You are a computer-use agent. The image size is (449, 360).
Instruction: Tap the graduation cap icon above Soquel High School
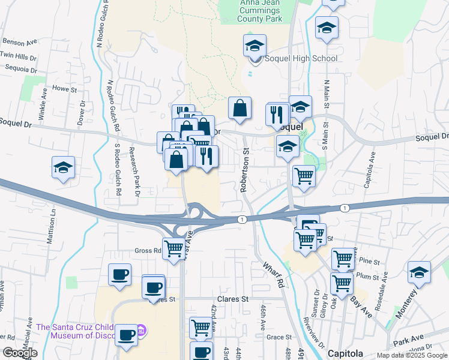[x=255, y=46]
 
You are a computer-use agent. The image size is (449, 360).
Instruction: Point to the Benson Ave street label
[x=20, y=42]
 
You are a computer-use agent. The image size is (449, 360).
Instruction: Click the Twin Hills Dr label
[x=18, y=55]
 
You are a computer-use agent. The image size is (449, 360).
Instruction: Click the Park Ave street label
[x=409, y=343]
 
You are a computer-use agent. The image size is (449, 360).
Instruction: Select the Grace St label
[x=279, y=338]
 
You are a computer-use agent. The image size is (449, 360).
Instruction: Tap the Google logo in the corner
[x=20, y=353]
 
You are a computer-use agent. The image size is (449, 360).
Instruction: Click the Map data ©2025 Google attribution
[x=411, y=355]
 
